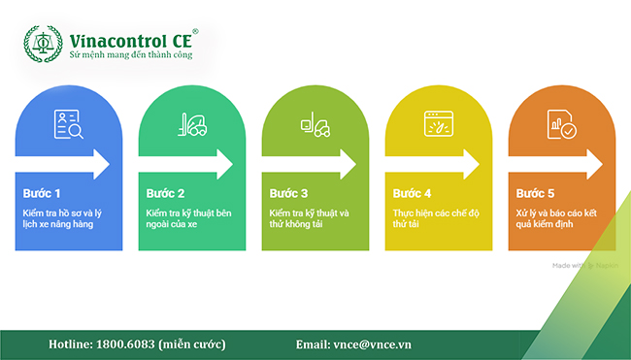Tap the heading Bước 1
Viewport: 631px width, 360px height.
(x=43, y=192)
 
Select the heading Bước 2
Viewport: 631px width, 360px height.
(x=166, y=192)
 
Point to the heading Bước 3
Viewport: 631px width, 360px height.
(x=288, y=192)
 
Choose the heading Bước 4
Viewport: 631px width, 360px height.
(x=412, y=192)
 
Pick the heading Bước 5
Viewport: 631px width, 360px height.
(x=535, y=192)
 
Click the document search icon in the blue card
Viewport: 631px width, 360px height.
(x=69, y=124)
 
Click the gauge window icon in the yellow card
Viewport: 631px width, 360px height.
(x=438, y=124)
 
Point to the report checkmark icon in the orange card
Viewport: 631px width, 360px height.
(x=561, y=125)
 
